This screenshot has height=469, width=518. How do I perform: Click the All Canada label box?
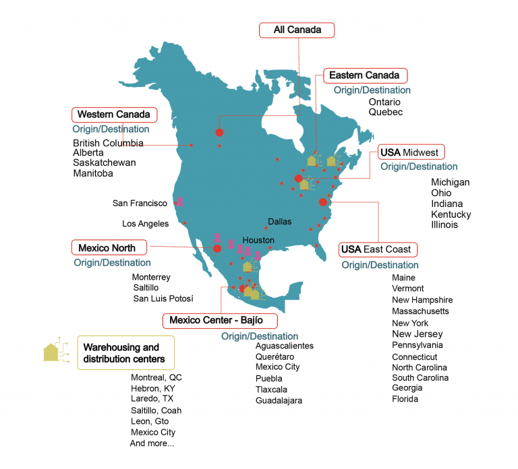tap(297, 30)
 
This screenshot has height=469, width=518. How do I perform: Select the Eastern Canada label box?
tap(365, 75)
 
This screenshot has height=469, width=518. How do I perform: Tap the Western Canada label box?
tap(113, 114)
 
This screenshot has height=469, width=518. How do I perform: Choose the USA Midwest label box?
tap(408, 152)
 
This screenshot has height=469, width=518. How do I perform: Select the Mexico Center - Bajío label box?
tap(216, 319)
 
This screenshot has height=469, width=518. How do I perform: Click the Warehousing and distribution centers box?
tap(121, 352)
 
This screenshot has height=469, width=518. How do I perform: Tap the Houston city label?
tap(258, 240)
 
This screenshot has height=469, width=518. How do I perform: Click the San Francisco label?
tap(140, 203)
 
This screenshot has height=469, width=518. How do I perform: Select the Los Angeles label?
tap(144, 224)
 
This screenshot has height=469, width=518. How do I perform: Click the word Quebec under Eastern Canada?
tap(385, 113)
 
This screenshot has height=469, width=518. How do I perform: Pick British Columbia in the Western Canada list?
tap(108, 143)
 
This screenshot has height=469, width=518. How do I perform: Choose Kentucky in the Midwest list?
tap(451, 214)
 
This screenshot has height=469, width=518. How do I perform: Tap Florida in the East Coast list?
tap(405, 399)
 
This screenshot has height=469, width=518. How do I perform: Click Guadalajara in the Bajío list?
tap(279, 400)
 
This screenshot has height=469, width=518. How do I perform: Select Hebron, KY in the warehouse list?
tap(152, 389)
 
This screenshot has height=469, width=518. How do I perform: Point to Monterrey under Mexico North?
tap(151, 277)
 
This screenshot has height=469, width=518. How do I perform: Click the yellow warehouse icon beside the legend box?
tap(52, 350)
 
